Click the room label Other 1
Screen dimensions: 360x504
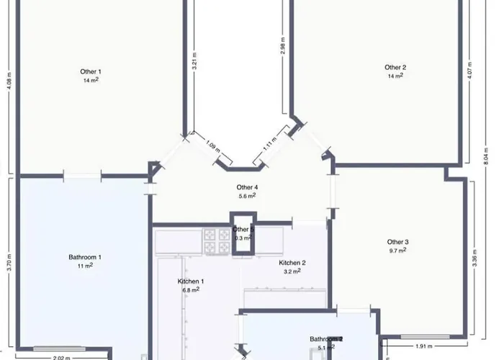(90, 71)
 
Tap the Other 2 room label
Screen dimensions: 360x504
(395, 68)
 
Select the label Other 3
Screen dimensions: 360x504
(397, 242)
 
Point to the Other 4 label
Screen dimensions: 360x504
(247, 187)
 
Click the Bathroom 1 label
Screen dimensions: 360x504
(85, 257)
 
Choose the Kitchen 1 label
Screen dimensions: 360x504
(191, 281)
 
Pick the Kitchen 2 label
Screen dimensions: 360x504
(292, 263)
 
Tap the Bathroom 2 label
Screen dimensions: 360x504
(326, 338)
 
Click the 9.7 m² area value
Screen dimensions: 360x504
(397, 251)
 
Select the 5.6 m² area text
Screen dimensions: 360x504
(247, 196)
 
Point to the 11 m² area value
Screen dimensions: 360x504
(85, 265)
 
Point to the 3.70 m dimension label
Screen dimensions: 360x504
(9, 260)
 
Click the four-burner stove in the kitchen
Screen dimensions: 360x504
(214, 240)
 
